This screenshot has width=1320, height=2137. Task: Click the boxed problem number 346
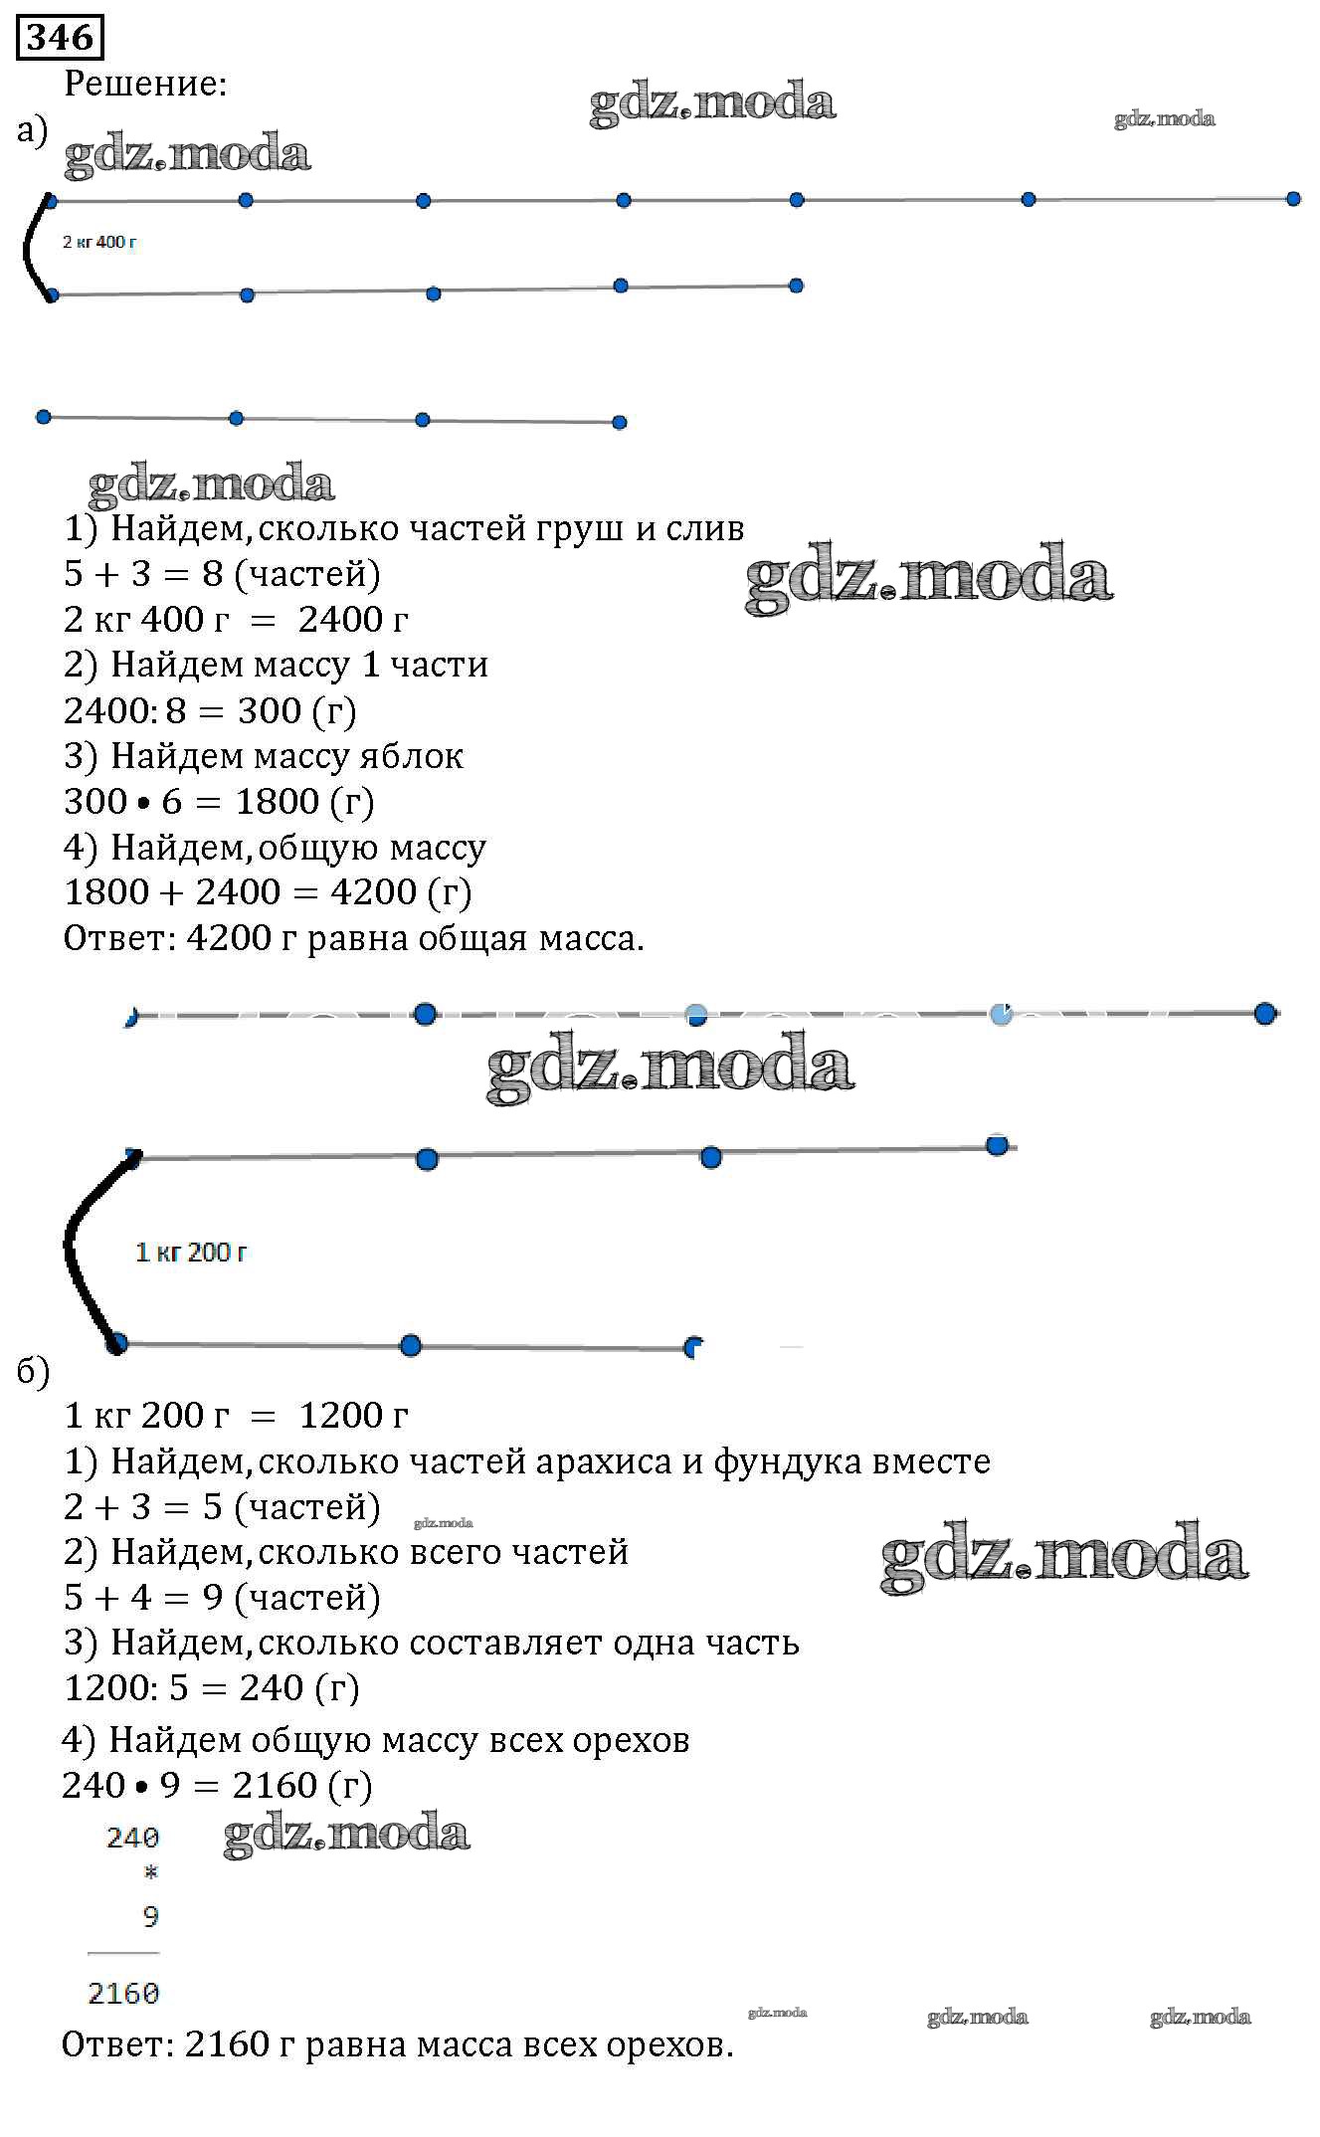(x=60, y=38)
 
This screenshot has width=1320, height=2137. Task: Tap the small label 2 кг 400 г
(x=99, y=242)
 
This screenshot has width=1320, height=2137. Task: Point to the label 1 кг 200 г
(x=191, y=1253)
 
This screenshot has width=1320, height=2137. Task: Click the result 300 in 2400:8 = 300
(x=269, y=710)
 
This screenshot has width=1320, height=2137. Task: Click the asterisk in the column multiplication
(x=150, y=1874)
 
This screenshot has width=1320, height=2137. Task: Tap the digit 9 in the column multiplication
(x=150, y=1917)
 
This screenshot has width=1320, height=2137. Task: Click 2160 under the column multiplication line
(x=123, y=1994)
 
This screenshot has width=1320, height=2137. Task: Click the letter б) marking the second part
(x=33, y=1371)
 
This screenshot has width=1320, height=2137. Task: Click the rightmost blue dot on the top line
(x=1293, y=199)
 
